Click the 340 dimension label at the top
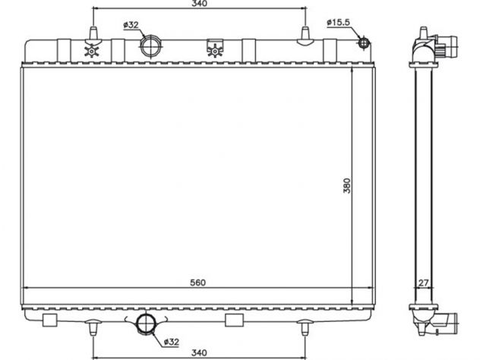(199, 3)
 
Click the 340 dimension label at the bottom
(199, 352)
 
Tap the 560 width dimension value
(197, 283)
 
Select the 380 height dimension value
(346, 185)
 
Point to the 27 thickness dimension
(423, 283)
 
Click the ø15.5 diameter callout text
(338, 22)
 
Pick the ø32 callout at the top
(131, 25)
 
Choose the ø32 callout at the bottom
(172, 342)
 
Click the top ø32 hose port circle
(150, 46)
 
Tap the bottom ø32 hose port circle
(146, 324)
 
